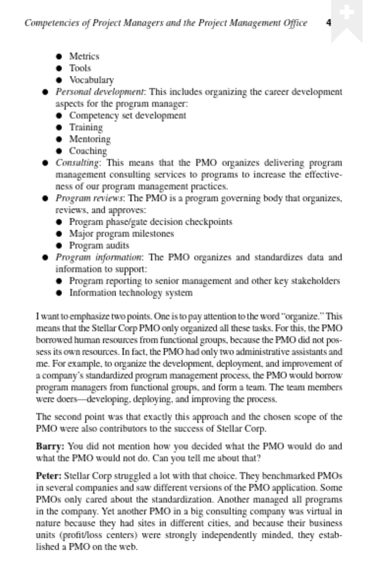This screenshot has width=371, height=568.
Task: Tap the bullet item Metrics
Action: pos(84,56)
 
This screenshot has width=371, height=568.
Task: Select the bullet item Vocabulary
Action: pos(91,80)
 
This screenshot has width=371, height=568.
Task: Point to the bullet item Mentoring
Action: pos(90,139)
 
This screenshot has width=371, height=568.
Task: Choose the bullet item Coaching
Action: pos(88,151)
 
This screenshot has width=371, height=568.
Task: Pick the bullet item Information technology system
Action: pos(131,293)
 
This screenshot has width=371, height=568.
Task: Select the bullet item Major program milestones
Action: pos(121,234)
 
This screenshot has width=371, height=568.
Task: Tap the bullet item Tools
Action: pos(80,68)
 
